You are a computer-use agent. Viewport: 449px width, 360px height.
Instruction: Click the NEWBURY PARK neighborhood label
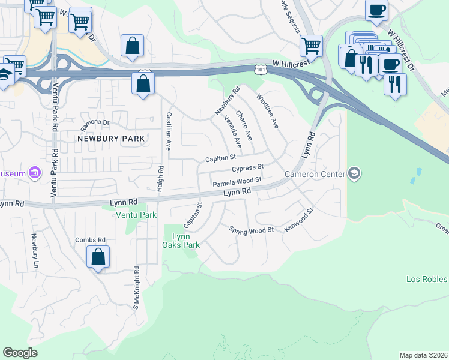[x=111, y=139]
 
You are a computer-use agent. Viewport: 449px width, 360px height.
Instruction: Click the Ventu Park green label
[x=136, y=215]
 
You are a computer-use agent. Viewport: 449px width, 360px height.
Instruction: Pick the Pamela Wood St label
[x=237, y=181]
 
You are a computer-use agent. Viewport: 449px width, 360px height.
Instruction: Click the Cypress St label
[x=247, y=169]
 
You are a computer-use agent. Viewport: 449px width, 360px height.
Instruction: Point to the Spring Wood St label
[x=251, y=230]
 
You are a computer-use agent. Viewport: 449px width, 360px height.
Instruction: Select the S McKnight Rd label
[x=136, y=287]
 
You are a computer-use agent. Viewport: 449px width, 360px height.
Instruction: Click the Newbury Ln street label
[x=34, y=251]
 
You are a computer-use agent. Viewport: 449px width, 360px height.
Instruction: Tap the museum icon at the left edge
[x=35, y=173]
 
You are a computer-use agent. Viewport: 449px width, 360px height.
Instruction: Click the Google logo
[x=20, y=353]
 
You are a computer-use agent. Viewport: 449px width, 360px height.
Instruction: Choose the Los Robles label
[x=427, y=279]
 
